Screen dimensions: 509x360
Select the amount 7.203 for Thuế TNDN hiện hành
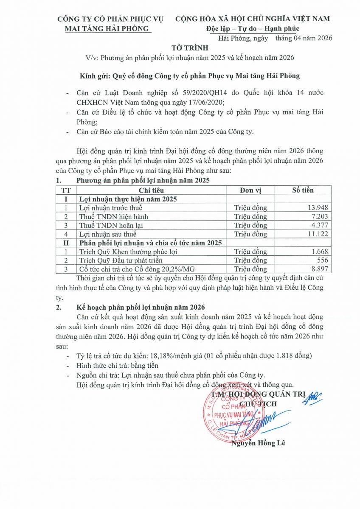[x=318, y=217]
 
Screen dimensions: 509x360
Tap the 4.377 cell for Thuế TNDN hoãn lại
[x=318, y=225]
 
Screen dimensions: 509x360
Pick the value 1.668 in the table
[x=318, y=252]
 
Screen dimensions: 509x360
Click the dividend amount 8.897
[x=318, y=269]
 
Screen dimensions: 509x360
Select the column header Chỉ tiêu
[x=151, y=190]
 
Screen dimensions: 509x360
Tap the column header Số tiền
[x=303, y=190]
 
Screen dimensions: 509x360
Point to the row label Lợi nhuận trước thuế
[x=111, y=208]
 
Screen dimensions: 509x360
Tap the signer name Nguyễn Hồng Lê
[x=258, y=444]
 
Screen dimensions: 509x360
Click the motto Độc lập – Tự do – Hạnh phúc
[x=253, y=28]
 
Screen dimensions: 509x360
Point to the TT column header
[x=66, y=190]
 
